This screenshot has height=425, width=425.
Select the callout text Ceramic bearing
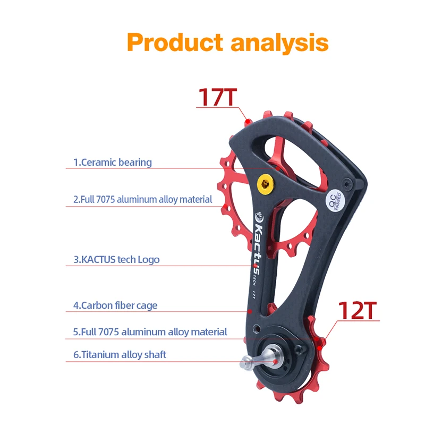pyautogui.click(x=113, y=163)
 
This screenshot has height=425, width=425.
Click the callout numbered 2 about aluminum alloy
pyautogui.click(x=143, y=200)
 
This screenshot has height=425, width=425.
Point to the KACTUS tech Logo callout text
pyautogui.click(x=116, y=260)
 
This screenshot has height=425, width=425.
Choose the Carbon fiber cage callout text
pyautogui.click(x=115, y=305)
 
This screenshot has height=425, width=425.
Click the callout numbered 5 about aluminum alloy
pyautogui.click(x=150, y=332)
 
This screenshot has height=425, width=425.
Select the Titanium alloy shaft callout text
pyautogui.click(x=120, y=354)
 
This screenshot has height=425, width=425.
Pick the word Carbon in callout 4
pyautogui.click(x=97, y=305)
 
